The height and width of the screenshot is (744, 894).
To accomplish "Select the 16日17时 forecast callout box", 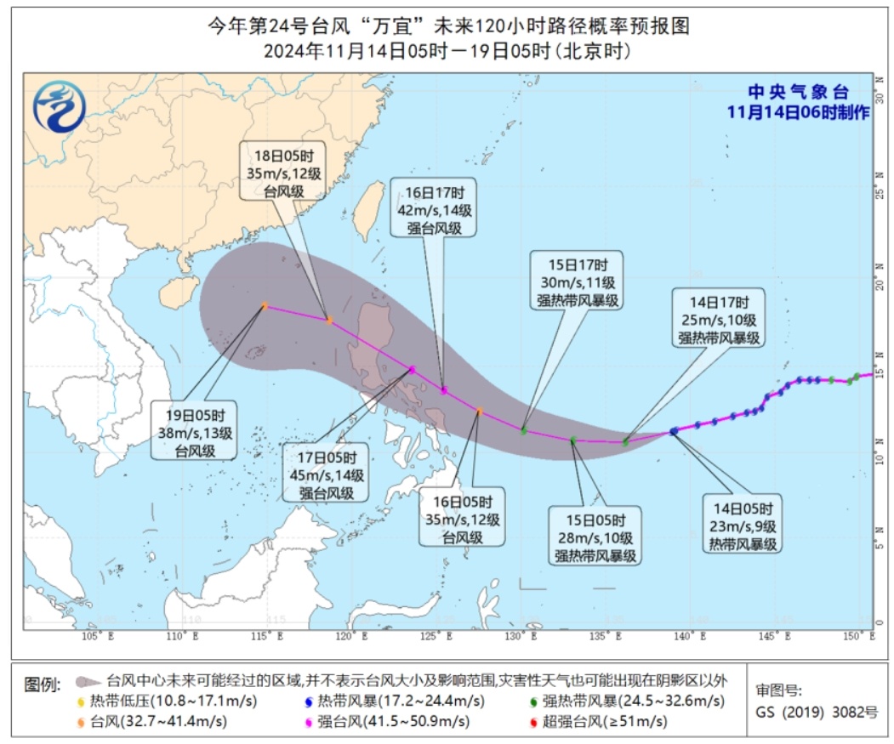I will point(433,207).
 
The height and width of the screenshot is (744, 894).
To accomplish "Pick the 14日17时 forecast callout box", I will point(719,318).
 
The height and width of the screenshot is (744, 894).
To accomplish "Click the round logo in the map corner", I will point(58,108).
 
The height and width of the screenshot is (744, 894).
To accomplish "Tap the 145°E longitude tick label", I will point(772,635).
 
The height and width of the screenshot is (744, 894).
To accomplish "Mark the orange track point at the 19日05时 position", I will point(265,305).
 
